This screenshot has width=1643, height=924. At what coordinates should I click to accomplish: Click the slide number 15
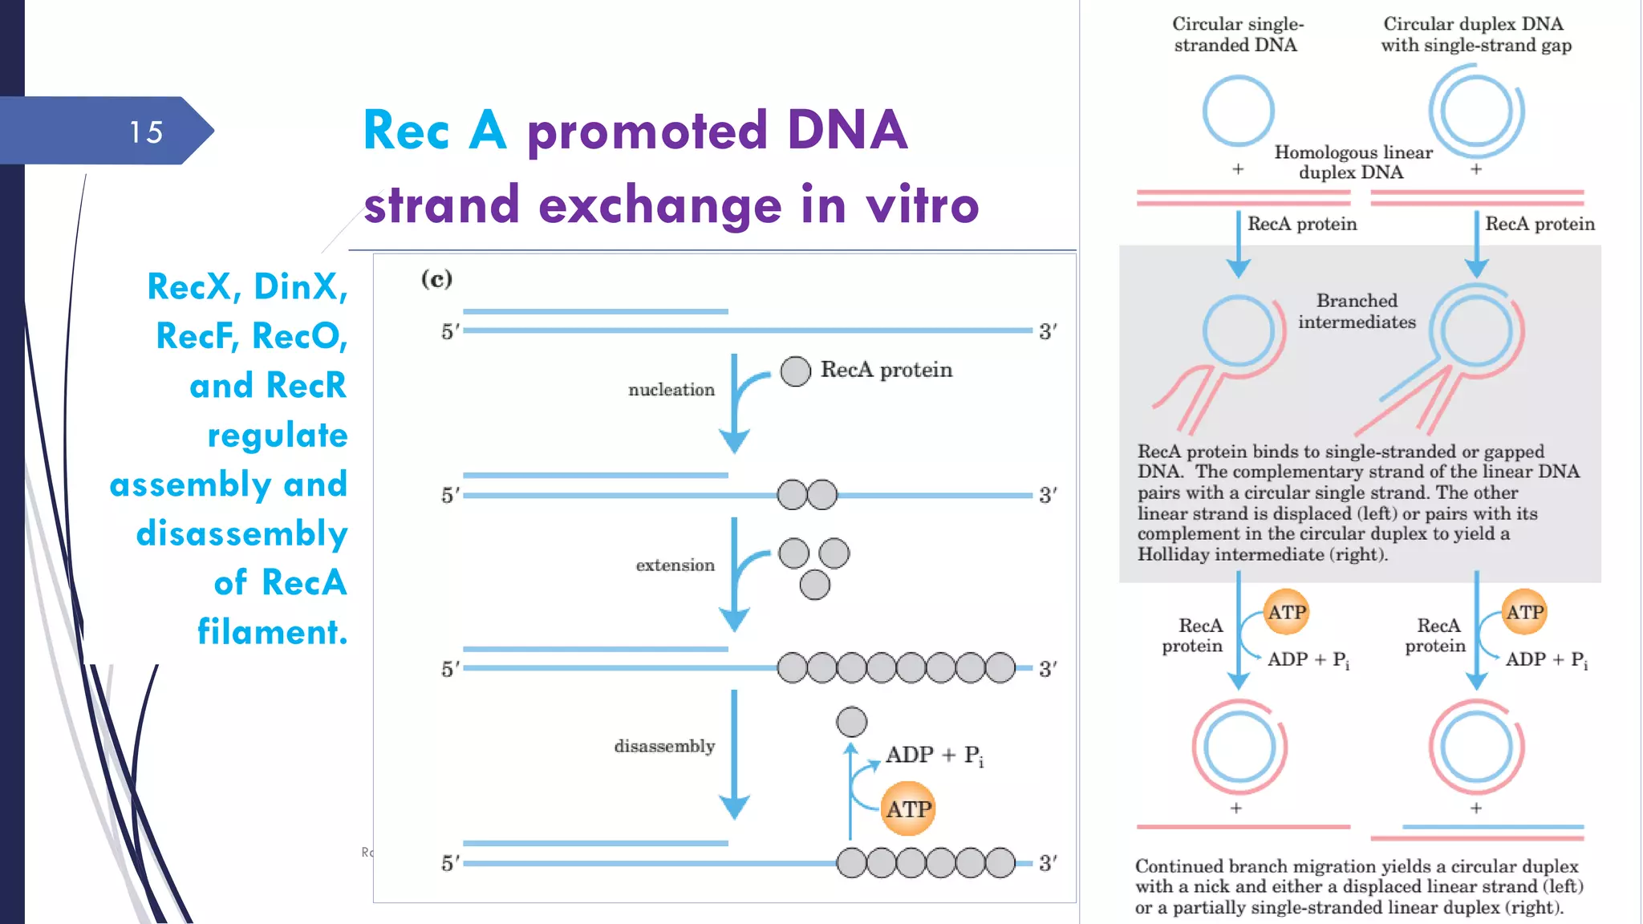point(146,132)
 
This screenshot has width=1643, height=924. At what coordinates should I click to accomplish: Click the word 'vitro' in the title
point(923,205)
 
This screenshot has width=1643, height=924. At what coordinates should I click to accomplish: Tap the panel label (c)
point(436,279)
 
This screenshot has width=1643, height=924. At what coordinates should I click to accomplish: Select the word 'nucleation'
point(671,390)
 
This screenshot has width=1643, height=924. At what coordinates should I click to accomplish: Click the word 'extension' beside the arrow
point(675,565)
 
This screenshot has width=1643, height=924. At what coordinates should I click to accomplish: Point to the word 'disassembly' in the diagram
point(664,747)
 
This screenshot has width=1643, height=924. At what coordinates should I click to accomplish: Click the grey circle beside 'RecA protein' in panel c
point(795,371)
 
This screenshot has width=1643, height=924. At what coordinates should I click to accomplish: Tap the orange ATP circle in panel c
point(908,809)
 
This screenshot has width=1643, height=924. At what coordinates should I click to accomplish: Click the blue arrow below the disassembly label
point(734,754)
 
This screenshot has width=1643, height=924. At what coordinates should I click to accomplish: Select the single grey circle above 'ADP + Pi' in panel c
point(851,722)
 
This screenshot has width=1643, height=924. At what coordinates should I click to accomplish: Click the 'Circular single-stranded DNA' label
point(1237,34)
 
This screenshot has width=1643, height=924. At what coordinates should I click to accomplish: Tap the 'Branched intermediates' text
point(1357,311)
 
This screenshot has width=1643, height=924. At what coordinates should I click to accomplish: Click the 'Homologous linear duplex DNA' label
point(1353,162)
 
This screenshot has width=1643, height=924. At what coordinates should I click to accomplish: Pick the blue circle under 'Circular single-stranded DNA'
point(1238,111)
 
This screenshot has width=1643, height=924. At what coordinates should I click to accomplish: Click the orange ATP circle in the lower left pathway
point(1286,613)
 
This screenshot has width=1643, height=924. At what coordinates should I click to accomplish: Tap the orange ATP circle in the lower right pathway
point(1523,613)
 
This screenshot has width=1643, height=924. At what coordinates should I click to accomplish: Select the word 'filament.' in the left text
point(273,632)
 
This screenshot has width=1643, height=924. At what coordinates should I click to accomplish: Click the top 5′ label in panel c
point(450,331)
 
